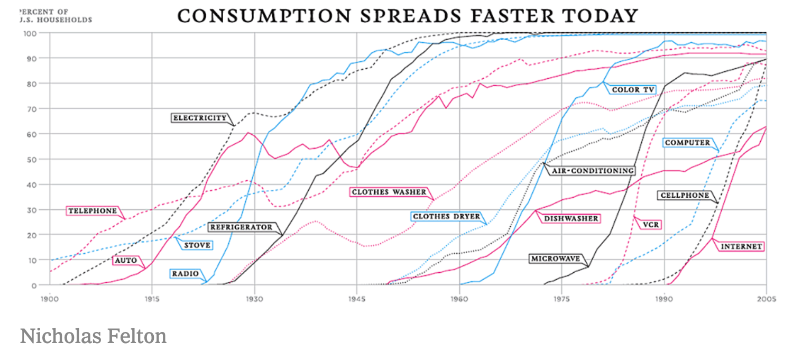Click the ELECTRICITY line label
pos(200,118)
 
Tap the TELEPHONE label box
pos(93,211)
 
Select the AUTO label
pos(125,261)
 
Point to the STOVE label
pos(197,245)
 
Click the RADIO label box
pos(185,274)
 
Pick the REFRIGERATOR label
pos(241,227)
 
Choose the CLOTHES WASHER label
pos(388,192)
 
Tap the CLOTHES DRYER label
pos(446,217)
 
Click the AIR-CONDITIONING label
pos(592,171)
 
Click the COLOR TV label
pos(633,90)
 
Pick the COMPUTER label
pos(687,143)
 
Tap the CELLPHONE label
pos(684,196)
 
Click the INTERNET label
pos(741,246)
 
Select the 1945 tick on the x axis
pos(357,299)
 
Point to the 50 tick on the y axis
pos(32,159)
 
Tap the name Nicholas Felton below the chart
pos(93,336)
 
